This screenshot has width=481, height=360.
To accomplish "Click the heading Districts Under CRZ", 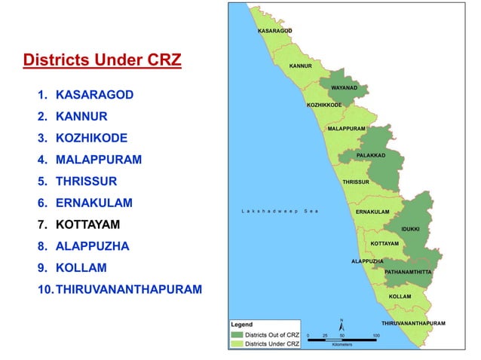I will coord(103,59).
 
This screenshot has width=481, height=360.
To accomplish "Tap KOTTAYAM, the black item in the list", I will coord(87,224).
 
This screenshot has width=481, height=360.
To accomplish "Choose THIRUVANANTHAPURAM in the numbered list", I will coord(128,288).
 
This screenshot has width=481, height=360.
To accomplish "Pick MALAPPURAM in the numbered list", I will coord(98,160).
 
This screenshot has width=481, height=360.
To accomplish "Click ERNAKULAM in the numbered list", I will coord(93,203).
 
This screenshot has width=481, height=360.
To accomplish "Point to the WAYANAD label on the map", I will coord(345,87).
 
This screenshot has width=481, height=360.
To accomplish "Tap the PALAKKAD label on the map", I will coord(371,155).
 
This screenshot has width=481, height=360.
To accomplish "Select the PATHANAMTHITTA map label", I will coord(408,271).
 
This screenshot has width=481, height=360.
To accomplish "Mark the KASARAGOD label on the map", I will coord(274,32).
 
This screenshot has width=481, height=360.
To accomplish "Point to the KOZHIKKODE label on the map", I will coord(324,105).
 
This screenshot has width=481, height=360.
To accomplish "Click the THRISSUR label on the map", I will coord(356,182).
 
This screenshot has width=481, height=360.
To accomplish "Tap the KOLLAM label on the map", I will coord(400,297).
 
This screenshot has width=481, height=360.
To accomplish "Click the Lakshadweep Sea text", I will coord(280,211).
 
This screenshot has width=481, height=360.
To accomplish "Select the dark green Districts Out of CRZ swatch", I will coord(237,334).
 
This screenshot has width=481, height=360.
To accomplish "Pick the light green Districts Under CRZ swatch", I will coord(237,343).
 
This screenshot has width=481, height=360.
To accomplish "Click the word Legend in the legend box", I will coord(242,325).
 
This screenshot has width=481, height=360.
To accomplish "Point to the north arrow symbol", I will coord(342,325).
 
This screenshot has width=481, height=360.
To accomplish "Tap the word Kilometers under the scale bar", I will coord(342,345).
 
